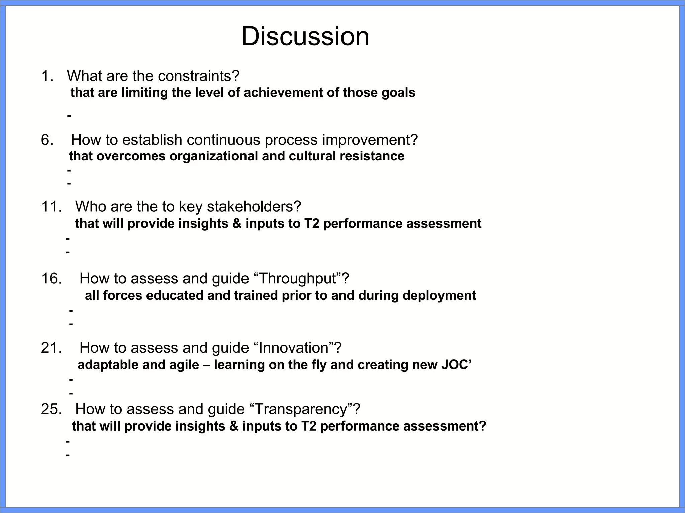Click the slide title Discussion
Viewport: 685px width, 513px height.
click(305, 36)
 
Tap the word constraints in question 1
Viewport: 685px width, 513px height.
click(199, 76)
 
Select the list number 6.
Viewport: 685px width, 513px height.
click(47, 140)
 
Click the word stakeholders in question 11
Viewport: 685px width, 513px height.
click(254, 207)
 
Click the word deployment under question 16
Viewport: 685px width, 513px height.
click(439, 296)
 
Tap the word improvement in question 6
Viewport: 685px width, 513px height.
click(370, 140)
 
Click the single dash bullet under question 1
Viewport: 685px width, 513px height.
click(69, 116)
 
